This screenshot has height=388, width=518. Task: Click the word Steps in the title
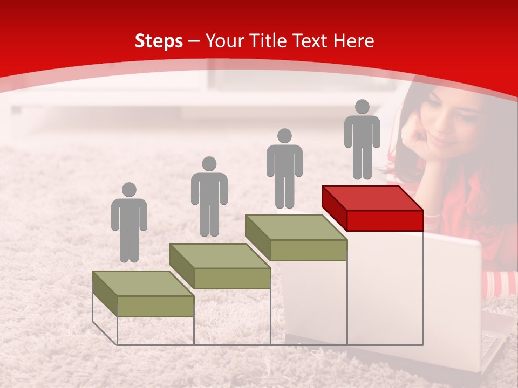tap(159, 41)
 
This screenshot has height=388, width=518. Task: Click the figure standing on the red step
tap(362, 140)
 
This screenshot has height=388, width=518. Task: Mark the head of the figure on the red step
tap(362, 107)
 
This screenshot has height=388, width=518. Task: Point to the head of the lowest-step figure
tap(129, 190)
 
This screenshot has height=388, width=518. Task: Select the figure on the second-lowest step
tap(209, 197)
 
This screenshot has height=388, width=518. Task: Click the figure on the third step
tap(284, 169)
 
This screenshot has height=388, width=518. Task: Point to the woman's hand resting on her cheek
tap(415, 137)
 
